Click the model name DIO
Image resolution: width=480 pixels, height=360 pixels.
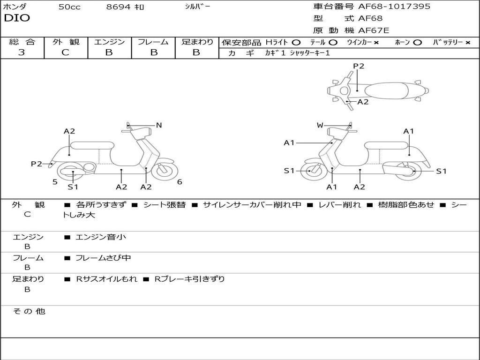(17, 18)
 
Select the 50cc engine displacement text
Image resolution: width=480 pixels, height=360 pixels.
(69, 7)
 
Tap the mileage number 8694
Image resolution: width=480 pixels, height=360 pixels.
(119, 7)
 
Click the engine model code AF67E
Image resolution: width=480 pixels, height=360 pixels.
(374, 31)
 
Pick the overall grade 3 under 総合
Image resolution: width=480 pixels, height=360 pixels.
(22, 52)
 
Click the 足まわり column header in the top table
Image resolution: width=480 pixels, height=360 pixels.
(197, 42)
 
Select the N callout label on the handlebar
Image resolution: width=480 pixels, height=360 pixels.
(159, 125)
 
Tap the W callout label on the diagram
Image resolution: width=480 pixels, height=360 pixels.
(320, 125)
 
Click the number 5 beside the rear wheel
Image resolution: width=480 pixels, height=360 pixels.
(55, 182)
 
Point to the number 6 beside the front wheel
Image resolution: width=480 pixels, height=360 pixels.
(180, 182)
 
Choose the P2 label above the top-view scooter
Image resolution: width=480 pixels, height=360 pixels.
(359, 66)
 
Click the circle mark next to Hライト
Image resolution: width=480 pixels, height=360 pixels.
(296, 43)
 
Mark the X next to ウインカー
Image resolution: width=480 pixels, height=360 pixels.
(376, 43)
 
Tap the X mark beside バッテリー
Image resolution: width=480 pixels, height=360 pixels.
(468, 43)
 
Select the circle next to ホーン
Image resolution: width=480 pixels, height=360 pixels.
(418, 43)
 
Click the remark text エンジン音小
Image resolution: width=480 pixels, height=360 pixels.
(101, 237)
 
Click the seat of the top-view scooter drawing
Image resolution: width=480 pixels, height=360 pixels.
(384, 90)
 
